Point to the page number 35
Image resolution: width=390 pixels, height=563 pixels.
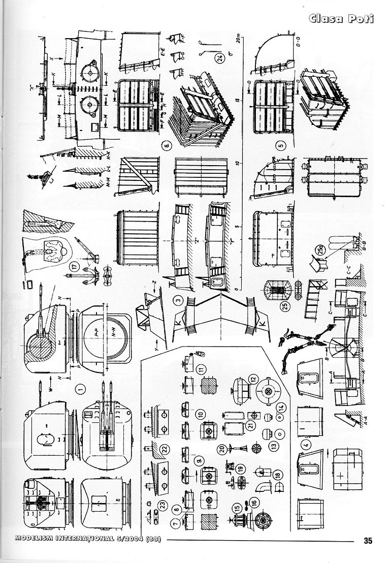pos(368,540)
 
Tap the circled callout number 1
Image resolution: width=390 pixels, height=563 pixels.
pos(79,390)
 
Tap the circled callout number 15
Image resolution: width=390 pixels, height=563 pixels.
pos(237,507)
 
